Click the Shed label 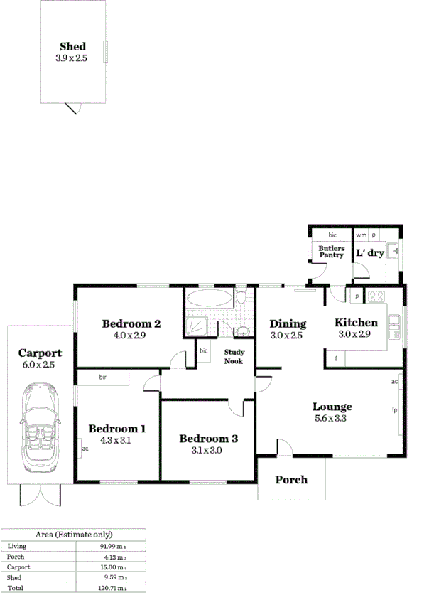(73, 47)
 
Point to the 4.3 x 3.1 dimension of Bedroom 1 (117, 440)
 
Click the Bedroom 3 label (208, 439)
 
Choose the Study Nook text (234, 356)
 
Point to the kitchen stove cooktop (374, 296)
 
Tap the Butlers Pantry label (332, 252)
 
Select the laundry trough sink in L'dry (393, 251)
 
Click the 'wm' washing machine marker (361, 235)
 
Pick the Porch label (291, 480)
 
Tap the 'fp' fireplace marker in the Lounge (393, 410)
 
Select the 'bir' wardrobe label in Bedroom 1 (103, 378)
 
